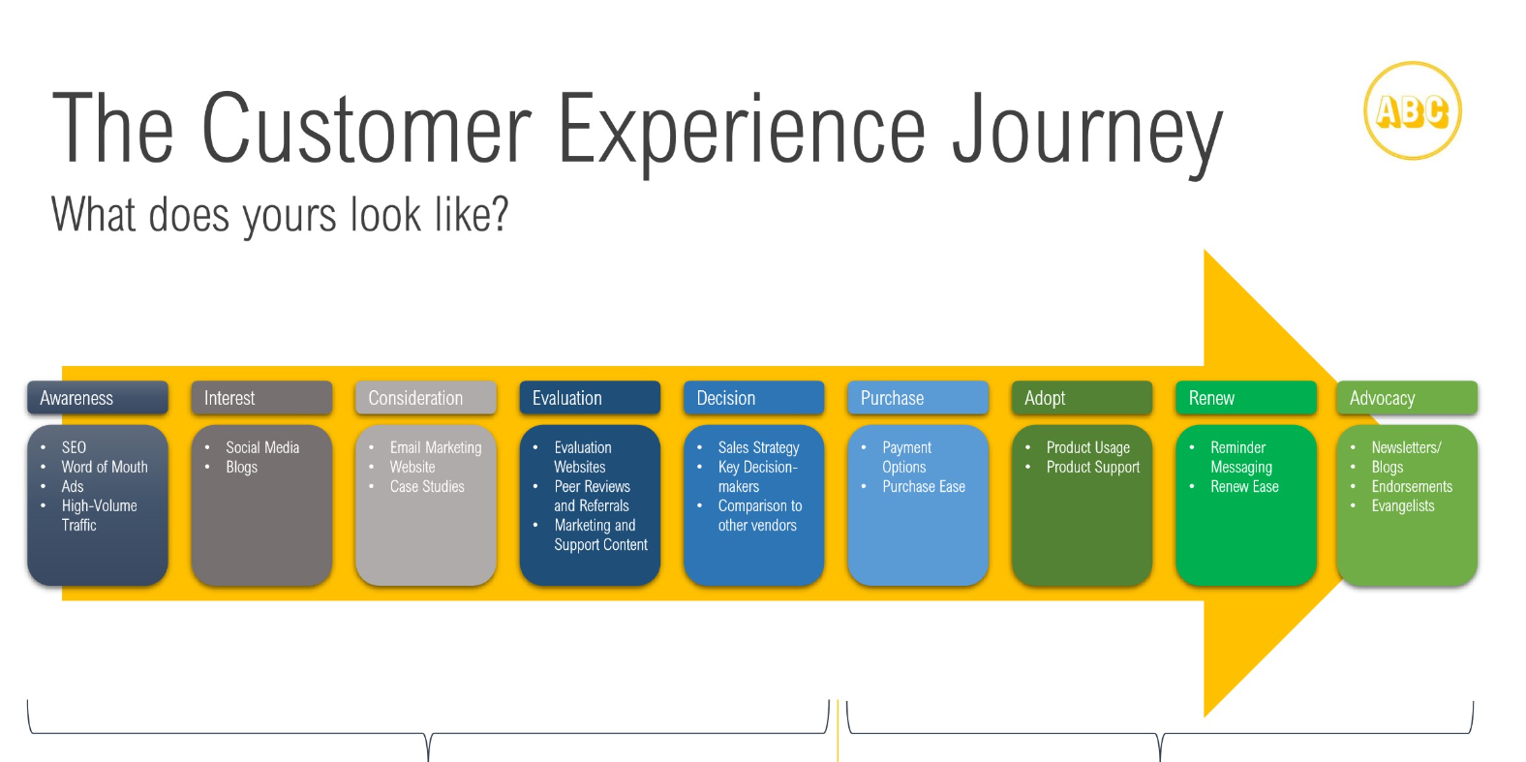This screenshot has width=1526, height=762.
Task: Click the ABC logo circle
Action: tap(1412, 111)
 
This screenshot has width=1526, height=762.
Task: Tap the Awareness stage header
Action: tap(98, 398)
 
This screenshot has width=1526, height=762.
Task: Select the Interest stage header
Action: tap(261, 398)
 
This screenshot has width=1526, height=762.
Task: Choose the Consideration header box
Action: tap(426, 398)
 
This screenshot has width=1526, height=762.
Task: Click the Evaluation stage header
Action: tap(590, 398)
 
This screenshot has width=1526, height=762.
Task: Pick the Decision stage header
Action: tap(753, 398)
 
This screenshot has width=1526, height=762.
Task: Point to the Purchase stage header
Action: tap(918, 398)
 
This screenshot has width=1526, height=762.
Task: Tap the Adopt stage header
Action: tap(1082, 398)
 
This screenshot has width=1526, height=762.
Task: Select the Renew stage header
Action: tap(1246, 398)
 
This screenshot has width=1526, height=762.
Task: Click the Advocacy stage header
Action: tap(1407, 398)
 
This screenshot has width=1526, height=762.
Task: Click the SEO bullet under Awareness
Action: tap(74, 447)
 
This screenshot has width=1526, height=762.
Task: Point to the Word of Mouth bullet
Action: tap(105, 467)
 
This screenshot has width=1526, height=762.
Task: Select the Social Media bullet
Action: tap(262, 447)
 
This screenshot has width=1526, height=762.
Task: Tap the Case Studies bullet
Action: tap(427, 486)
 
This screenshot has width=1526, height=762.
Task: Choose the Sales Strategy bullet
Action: tap(758, 447)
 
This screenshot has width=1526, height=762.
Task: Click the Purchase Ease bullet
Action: tap(924, 486)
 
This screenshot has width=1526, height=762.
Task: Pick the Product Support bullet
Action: tap(1093, 467)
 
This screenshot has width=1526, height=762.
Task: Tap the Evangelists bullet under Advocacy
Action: tap(1403, 505)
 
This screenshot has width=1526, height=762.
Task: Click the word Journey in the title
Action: tap(1087, 131)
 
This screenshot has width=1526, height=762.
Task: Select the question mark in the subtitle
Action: tap(500, 214)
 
